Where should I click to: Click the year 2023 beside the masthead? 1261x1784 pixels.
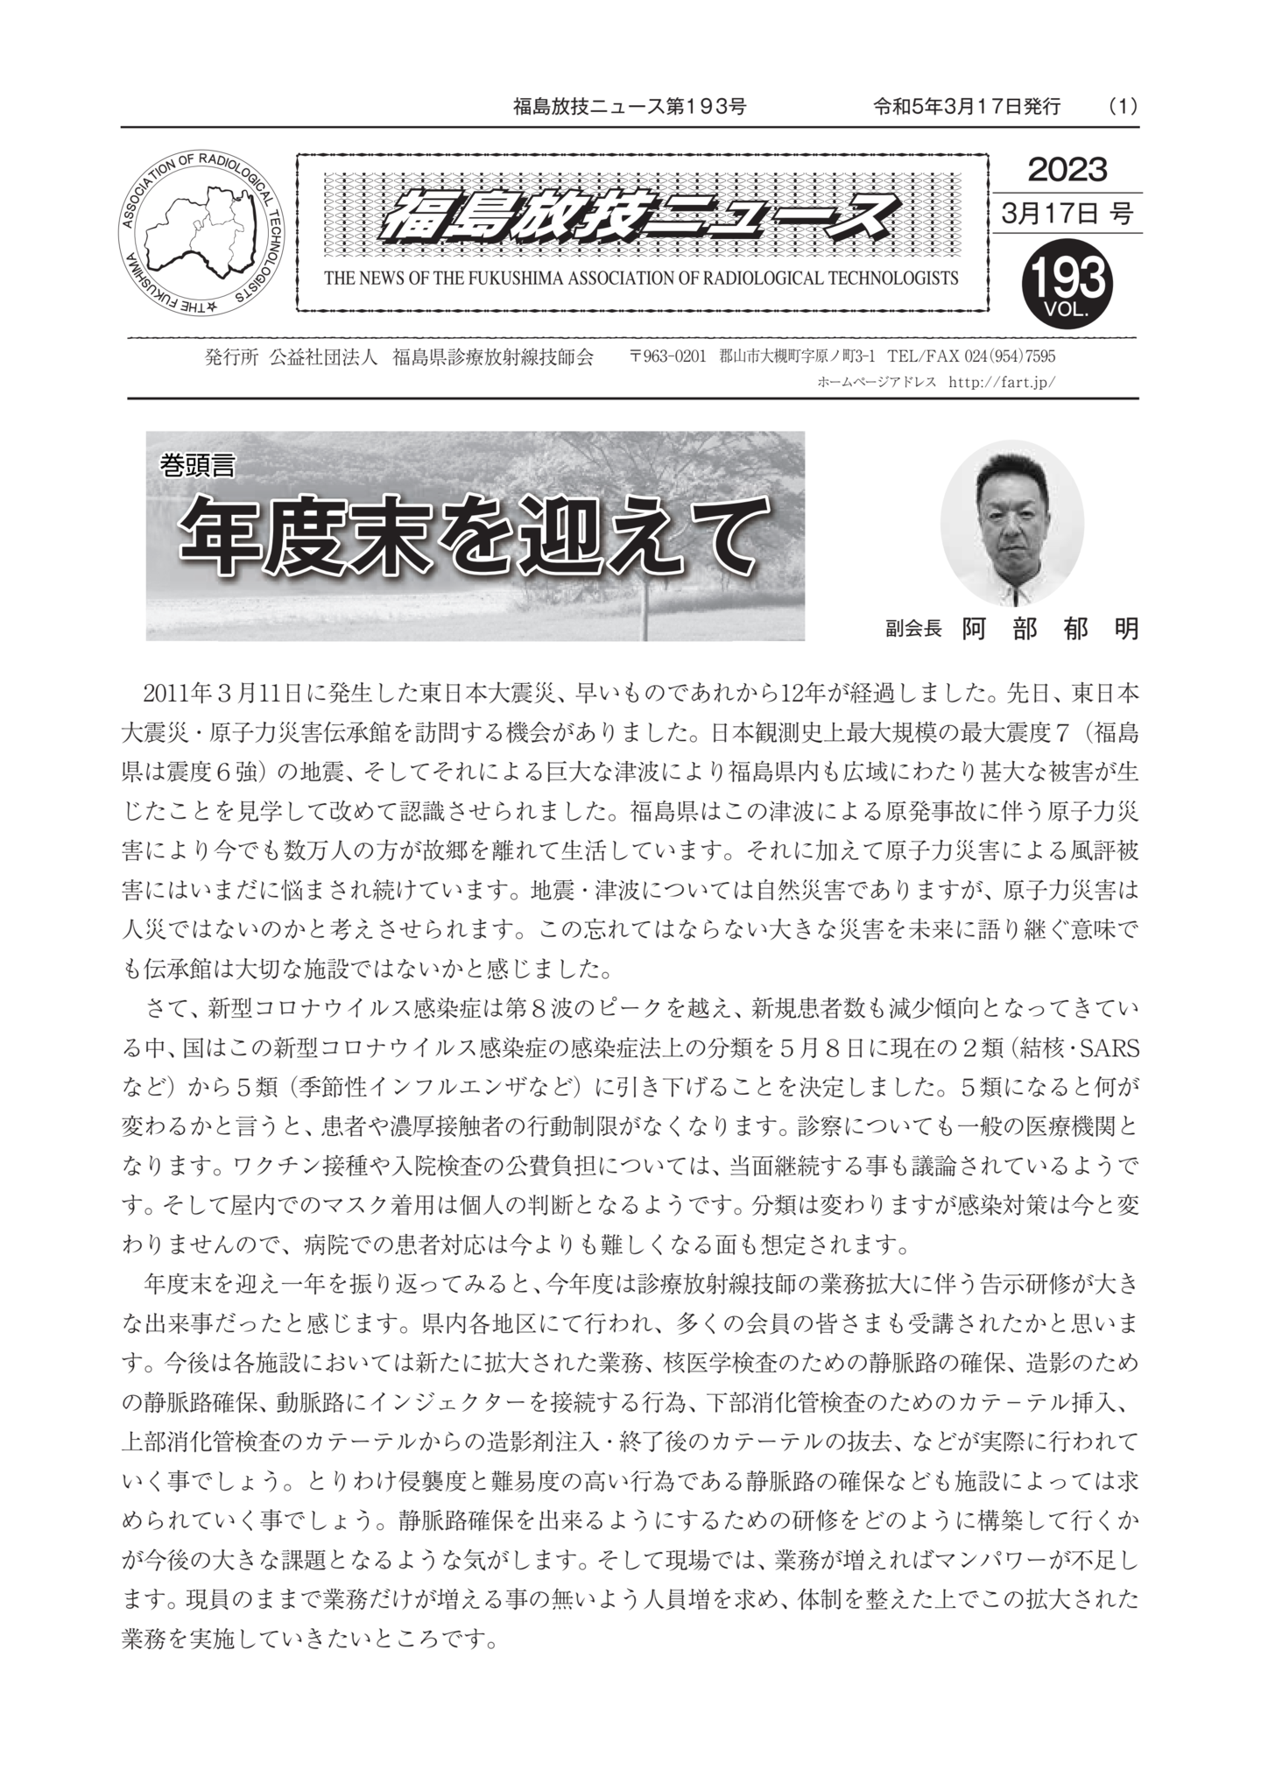1067,169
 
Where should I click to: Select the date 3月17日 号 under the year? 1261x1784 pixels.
1067,213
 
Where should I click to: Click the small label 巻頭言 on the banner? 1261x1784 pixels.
197,467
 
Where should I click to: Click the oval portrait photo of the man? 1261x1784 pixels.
1011,523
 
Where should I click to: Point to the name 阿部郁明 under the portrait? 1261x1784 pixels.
1050,629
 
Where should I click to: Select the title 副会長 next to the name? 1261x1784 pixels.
912,630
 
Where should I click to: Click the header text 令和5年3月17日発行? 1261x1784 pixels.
967,107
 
